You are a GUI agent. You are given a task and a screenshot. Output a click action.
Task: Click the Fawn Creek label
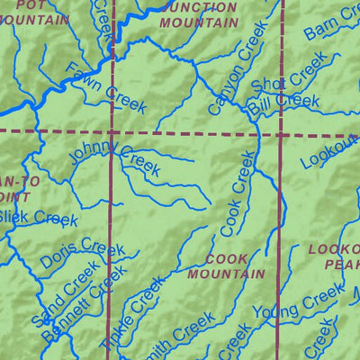106,87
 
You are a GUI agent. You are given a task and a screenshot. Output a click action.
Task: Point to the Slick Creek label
38,219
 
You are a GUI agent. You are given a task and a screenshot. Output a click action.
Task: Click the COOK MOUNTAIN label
229,265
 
